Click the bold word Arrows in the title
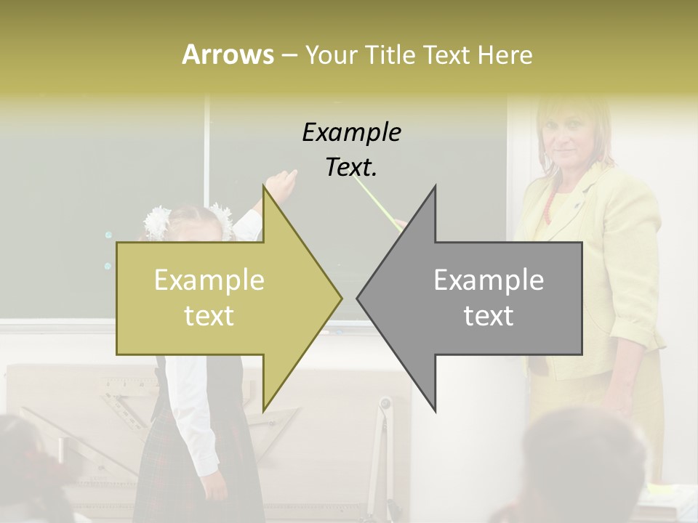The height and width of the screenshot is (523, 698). tap(227, 54)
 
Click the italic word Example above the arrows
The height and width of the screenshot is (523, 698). tap(352, 133)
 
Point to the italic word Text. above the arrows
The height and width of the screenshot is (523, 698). tap(352, 168)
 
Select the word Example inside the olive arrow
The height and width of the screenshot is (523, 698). tap(209, 280)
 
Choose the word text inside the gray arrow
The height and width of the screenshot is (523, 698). tap(489, 315)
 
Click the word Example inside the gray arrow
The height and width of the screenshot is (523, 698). tap(489, 280)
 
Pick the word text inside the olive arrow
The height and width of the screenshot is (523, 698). tap(209, 315)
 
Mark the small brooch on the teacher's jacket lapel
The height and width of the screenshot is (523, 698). tap(576, 205)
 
